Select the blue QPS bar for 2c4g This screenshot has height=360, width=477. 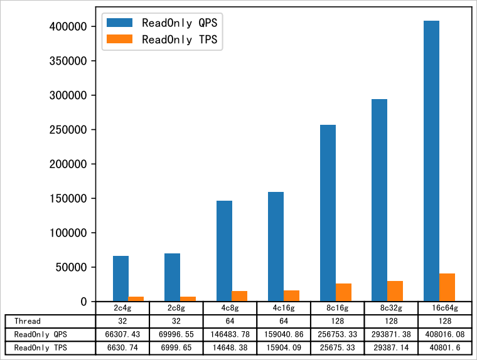coord(121,278)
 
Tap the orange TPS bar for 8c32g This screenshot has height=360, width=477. coord(395,291)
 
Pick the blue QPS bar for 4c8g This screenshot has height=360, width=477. coord(224,251)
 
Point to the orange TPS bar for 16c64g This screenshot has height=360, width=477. coord(448,287)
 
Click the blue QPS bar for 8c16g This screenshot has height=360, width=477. coord(328,213)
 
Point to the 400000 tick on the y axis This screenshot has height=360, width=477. coord(67,27)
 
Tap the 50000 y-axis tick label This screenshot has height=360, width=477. coord(70,267)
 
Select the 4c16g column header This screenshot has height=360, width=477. coord(284,308)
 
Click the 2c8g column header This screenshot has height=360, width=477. coord(176,308)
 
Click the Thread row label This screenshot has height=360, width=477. coord(28,321)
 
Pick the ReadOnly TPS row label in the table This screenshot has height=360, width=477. coord(40,347)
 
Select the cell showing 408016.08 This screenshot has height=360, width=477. coord(444,334)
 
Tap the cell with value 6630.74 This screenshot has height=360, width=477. coord(122,347)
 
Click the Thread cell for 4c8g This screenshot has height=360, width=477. coord(230,321)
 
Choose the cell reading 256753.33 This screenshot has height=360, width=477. coord(337,334)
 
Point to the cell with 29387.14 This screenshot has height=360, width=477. coord(390,347)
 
